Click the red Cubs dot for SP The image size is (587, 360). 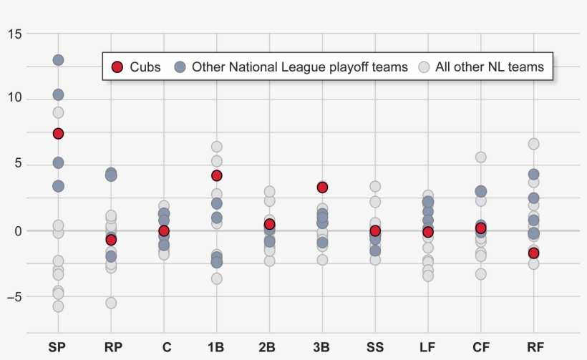tap(58, 134)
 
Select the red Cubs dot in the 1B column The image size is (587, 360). tap(216, 175)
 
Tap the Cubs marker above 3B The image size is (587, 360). tap(322, 188)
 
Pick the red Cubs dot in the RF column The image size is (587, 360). tap(533, 253)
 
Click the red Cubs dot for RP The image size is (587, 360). tap(111, 240)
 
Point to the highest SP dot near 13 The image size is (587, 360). tap(58, 60)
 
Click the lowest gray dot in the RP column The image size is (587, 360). tap(111, 303)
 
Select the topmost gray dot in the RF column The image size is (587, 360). tap(533, 144)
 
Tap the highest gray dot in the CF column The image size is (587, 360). tap(481, 157)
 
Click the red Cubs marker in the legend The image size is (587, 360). tap(117, 67)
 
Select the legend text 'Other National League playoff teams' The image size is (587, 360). tap(299, 67)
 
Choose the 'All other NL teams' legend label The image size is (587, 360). tap(491, 67)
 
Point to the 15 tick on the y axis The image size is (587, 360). tap(14, 34)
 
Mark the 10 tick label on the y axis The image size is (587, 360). tap(14, 99)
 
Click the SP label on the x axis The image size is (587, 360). tap(58, 348)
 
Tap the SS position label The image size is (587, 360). tap(375, 348)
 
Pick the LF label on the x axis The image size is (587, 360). tap(427, 348)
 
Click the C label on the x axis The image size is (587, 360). tap(166, 348)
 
